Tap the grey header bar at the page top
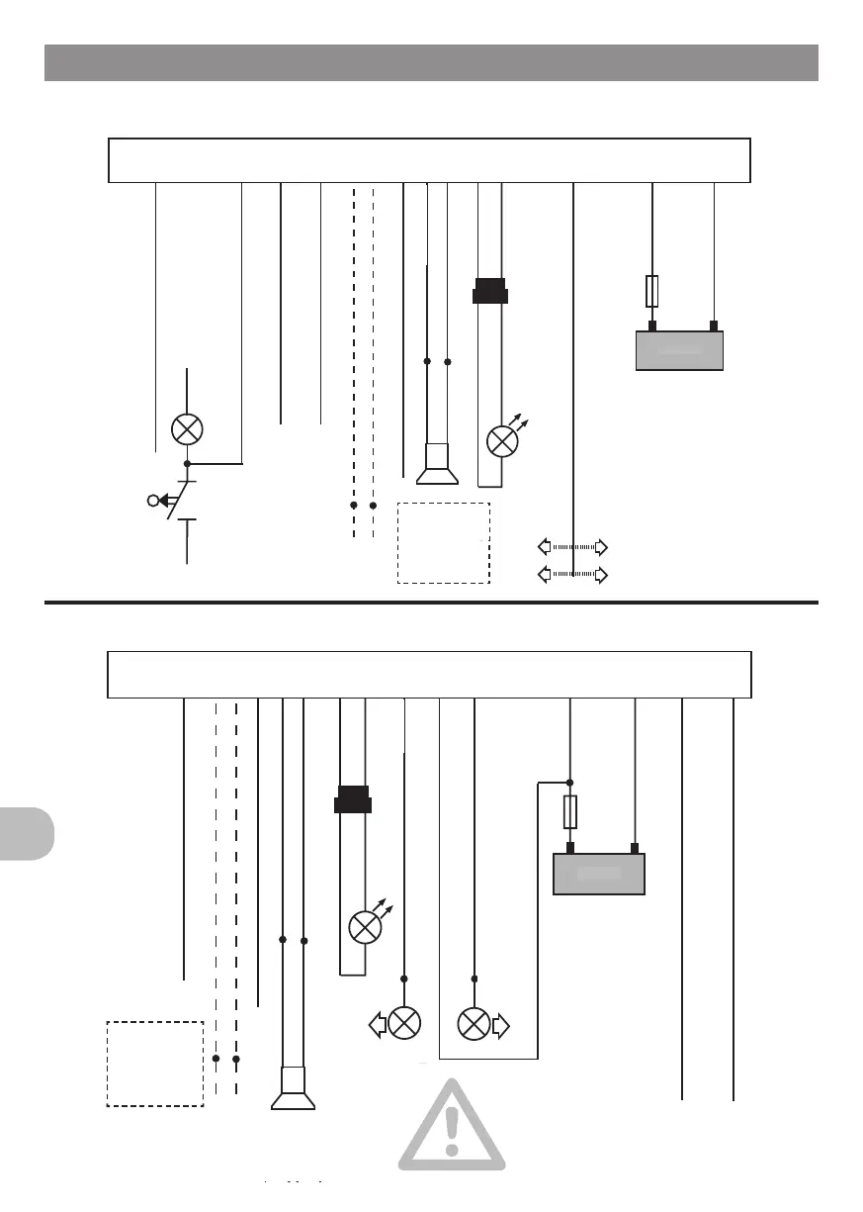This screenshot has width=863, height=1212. click(431, 62)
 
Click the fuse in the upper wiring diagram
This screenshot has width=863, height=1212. click(652, 291)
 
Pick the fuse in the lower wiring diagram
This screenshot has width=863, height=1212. click(570, 812)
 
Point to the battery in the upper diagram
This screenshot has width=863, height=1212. click(678, 351)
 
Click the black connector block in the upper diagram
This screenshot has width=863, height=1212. click(490, 292)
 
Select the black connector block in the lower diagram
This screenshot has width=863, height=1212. click(353, 798)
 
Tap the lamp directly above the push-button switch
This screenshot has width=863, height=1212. click(187, 429)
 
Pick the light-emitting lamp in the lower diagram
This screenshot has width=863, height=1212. click(365, 928)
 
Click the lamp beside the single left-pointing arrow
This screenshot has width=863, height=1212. click(404, 1023)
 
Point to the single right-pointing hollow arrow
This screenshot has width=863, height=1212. click(500, 1025)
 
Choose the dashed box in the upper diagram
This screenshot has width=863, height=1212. click(444, 543)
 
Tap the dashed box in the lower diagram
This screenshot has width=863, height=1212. click(155, 1063)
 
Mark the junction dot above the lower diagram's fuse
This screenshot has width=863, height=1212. click(570, 782)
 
